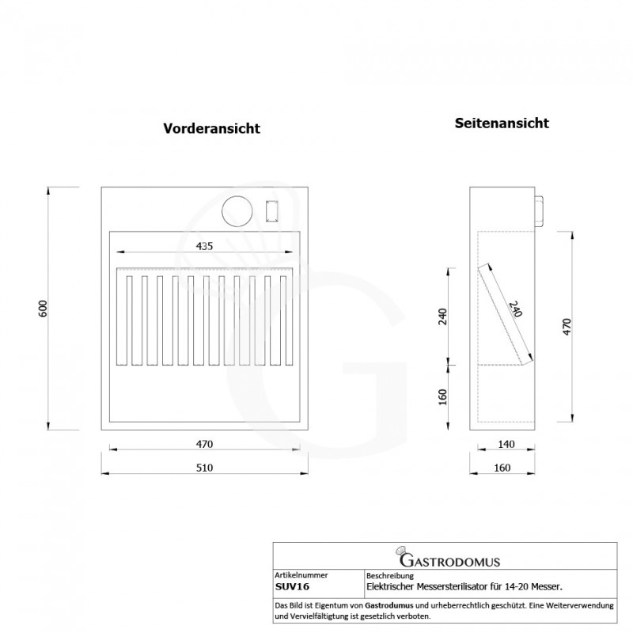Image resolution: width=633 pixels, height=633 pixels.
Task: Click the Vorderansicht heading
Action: (211, 128)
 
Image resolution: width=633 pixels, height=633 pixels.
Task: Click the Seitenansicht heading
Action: (502, 123)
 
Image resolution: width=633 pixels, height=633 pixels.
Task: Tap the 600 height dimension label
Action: (43, 309)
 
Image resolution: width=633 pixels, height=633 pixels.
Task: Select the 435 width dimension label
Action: (204, 246)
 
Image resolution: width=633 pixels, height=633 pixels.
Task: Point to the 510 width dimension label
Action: (204, 468)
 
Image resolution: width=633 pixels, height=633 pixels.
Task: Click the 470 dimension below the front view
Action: (204, 444)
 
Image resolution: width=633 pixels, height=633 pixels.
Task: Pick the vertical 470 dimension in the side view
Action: (567, 327)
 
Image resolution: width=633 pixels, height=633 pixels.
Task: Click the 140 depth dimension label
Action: (506, 444)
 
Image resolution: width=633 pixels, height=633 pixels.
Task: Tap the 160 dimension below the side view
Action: (502, 468)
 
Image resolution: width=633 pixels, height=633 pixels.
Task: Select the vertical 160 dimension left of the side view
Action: (443, 397)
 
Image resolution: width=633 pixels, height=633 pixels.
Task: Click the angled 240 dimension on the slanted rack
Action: (515, 309)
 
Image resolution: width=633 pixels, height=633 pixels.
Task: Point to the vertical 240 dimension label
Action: (443, 316)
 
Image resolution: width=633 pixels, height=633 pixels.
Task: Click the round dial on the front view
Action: (237, 211)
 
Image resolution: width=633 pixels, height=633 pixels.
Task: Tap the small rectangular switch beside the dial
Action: (271, 210)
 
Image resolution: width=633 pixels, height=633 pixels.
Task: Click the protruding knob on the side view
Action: (539, 211)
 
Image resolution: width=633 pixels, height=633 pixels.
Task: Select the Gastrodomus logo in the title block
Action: (448, 557)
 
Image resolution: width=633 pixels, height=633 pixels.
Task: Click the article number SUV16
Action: (292, 587)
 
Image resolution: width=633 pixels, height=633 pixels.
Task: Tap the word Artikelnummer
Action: (301, 575)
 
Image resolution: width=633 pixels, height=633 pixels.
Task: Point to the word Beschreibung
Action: (390, 576)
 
